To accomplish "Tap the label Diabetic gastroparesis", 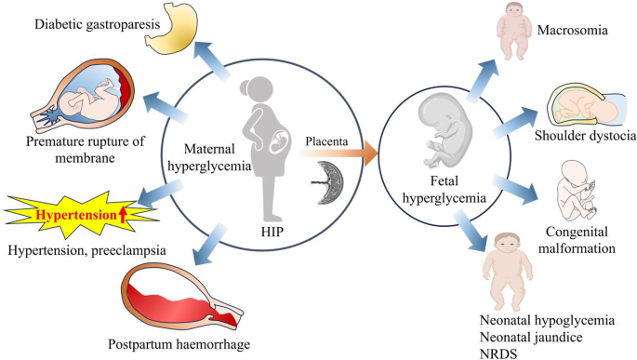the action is tap(97, 24).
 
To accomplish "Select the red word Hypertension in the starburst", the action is tap(76, 215).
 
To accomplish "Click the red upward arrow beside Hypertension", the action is tap(123, 215).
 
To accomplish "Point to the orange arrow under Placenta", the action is tap(338, 153).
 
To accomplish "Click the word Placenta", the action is tap(326, 141).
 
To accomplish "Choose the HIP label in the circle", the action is tap(272, 232).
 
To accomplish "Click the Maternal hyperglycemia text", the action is tap(209, 157).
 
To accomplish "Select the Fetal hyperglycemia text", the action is tap(444, 189).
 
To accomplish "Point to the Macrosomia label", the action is tap(573, 30).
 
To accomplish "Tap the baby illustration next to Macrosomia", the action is tap(513, 31).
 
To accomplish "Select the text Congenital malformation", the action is tap(577, 240).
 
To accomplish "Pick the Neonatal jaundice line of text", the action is tap(531, 338).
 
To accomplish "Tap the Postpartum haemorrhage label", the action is tap(179, 344).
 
